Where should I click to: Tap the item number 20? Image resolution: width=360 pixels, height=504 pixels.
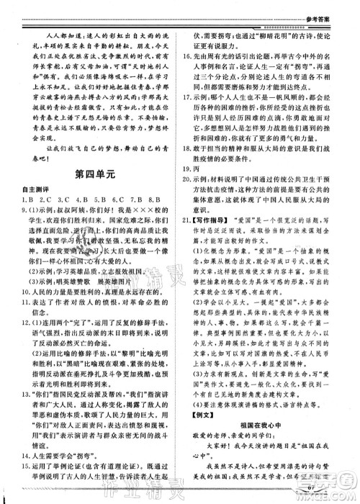click(189, 237)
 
